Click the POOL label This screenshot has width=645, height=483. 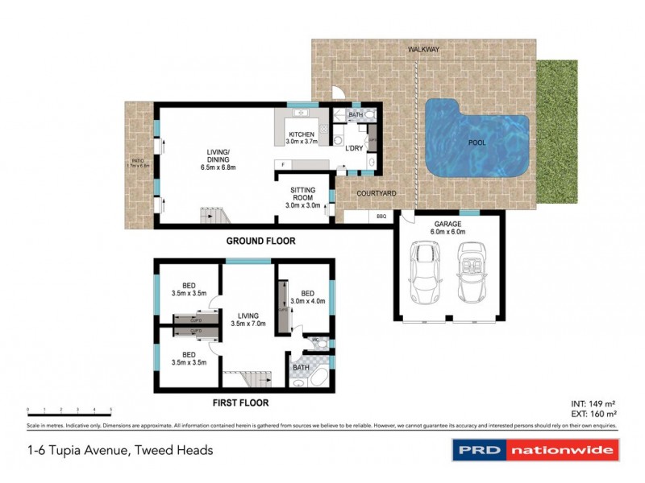(476, 142)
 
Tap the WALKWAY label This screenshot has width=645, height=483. (423, 50)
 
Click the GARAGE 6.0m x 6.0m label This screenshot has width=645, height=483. (448, 228)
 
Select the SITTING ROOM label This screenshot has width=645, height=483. (304, 197)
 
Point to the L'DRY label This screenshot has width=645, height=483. (353, 149)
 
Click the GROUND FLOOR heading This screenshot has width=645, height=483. (260, 241)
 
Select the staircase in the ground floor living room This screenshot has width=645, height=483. (214, 216)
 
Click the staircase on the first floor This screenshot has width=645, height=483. (243, 380)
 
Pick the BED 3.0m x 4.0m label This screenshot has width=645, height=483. (307, 297)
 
